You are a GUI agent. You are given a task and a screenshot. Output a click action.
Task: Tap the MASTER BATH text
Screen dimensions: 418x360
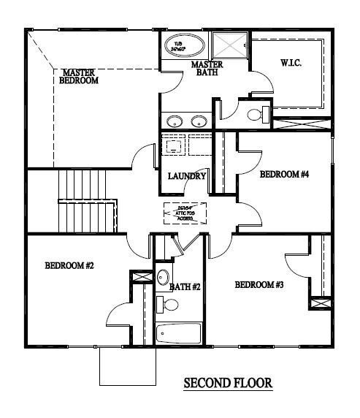click(x=207, y=69)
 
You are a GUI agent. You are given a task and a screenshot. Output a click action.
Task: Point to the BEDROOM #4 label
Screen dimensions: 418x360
click(x=285, y=175)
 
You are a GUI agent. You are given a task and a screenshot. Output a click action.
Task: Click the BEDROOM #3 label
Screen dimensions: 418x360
click(x=258, y=284)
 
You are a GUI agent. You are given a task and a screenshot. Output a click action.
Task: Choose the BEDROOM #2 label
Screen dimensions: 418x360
click(x=69, y=266)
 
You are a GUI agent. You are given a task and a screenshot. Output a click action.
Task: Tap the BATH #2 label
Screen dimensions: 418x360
click(x=185, y=287)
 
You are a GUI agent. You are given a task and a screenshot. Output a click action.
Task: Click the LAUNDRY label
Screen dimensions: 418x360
click(x=187, y=176)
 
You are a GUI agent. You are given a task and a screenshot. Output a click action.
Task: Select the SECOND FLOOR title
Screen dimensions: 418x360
click(x=227, y=382)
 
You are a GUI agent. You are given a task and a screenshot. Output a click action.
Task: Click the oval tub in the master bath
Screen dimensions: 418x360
click(x=180, y=45)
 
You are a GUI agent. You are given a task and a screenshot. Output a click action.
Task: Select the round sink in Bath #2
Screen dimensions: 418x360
click(x=164, y=277)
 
